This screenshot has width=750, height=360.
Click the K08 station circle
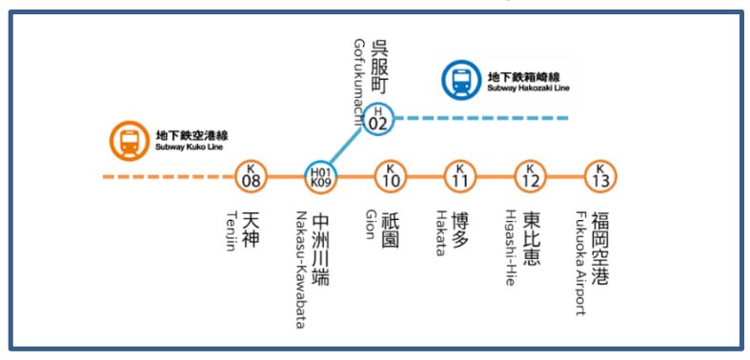[x=252, y=176]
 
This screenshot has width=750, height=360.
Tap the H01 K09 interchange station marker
[x=320, y=176]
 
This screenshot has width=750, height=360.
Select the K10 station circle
[x=390, y=176]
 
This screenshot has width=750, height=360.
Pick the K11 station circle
[x=459, y=176]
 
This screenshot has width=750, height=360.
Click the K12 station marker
[x=530, y=176]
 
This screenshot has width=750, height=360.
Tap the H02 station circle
[x=379, y=118]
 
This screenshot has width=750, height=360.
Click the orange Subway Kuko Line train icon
[x=127, y=142]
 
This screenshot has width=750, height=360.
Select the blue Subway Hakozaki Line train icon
[x=460, y=80]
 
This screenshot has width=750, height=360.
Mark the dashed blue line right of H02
[x=486, y=118]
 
